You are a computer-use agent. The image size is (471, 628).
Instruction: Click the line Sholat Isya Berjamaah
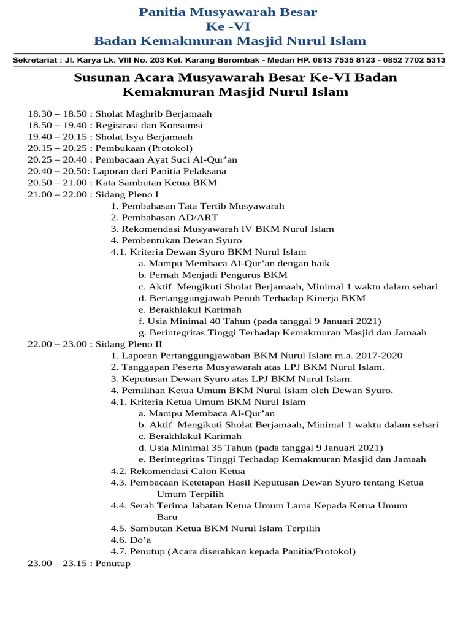[x=144, y=137]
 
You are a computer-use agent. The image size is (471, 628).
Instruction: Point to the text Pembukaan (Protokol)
[x=144, y=148]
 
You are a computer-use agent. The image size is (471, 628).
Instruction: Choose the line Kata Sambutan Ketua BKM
[x=156, y=183]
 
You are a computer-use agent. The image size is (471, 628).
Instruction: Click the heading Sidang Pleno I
[x=128, y=194]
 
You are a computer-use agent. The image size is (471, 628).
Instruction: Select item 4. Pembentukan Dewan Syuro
[x=177, y=240]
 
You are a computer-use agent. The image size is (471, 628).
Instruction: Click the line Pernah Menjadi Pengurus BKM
[x=213, y=275]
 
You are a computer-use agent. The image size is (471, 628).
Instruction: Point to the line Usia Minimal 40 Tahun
[x=260, y=321]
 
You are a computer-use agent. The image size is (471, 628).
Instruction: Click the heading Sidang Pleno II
[x=129, y=345]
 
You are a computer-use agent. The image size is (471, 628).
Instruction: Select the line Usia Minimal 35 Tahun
[x=261, y=448]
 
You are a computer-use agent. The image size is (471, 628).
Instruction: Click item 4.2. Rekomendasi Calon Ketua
[x=178, y=471]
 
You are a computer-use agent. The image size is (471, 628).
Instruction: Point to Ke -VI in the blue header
[x=228, y=26]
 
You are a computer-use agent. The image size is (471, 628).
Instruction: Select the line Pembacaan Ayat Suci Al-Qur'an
[x=166, y=160]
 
